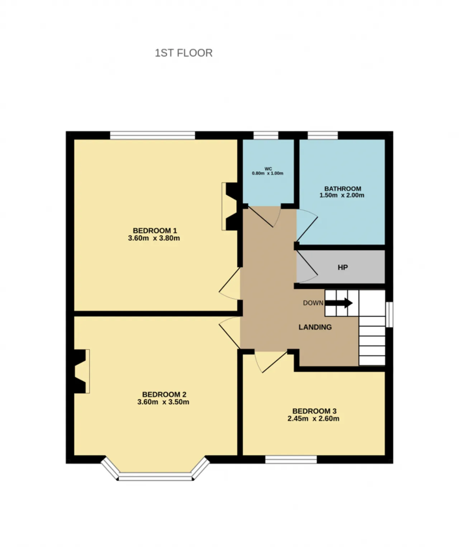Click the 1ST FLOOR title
pyautogui.click(x=184, y=53)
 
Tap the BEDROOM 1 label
pyautogui.click(x=155, y=231)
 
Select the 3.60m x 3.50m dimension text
pyautogui.click(x=163, y=402)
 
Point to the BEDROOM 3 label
pyautogui.click(x=314, y=411)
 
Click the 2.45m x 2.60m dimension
pyautogui.click(x=313, y=419)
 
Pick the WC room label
pyautogui.click(x=268, y=169)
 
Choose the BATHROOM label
pyautogui.click(x=342, y=189)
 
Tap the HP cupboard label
pyautogui.click(x=342, y=268)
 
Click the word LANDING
pyautogui.click(x=315, y=327)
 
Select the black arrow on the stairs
pyautogui.click(x=339, y=303)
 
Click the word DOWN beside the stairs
pyautogui.click(x=313, y=303)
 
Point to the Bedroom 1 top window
pyautogui.click(x=152, y=135)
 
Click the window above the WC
pyautogui.click(x=266, y=135)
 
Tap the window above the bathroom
pyautogui.click(x=323, y=135)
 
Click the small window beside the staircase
pyautogui.click(x=391, y=315)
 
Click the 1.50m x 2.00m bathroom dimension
pyautogui.click(x=341, y=195)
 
